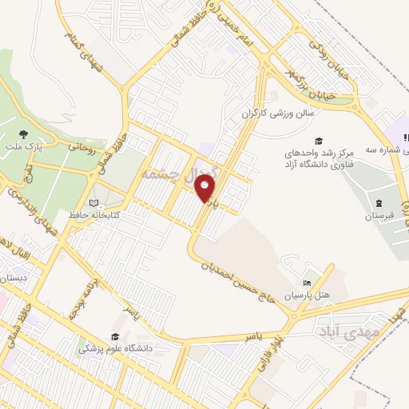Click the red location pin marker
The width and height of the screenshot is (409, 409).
[206, 189]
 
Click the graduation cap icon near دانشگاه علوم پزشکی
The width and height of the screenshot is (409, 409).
[115, 337]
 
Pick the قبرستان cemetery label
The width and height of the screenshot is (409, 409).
[379, 216]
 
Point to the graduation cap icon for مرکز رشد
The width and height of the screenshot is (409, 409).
[318, 140]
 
